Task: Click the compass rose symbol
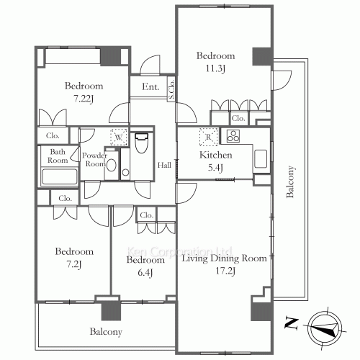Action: pyautogui.click(x=325, y=328)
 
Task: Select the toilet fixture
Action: pyautogui.click(x=141, y=143)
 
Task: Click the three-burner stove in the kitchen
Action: pyautogui.click(x=233, y=136)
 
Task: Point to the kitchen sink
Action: pyautogui.click(x=261, y=159)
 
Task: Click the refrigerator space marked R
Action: pyautogui.click(x=208, y=137)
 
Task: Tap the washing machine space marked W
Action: pyautogui.click(x=119, y=138)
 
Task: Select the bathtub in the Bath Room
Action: pyautogui.click(x=60, y=177)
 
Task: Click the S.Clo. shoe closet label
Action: pyautogui.click(x=171, y=89)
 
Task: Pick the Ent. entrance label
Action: pyautogui.click(x=150, y=86)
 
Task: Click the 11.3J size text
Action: pyautogui.click(x=215, y=68)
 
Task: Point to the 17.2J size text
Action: pyautogui.click(x=225, y=271)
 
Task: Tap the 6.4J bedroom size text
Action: pyautogui.click(x=145, y=273)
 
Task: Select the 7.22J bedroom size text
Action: pyautogui.click(x=83, y=99)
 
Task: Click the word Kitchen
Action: pyautogui.click(x=216, y=155)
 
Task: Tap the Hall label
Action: pyautogui.click(x=164, y=165)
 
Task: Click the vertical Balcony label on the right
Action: pyautogui.click(x=290, y=181)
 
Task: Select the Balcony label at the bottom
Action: pyautogui.click(x=106, y=332)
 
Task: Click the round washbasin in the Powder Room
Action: pyautogui.click(x=111, y=165)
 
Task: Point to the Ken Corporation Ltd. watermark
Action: pyautogui.click(x=179, y=252)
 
